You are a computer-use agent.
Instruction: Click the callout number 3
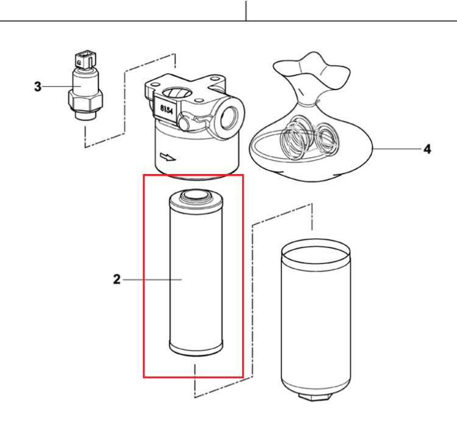click(38, 87)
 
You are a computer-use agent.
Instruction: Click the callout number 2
click(117, 279)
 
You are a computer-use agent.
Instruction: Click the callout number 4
click(427, 149)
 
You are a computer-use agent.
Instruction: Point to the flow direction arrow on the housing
click(168, 157)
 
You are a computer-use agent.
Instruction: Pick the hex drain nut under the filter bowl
click(316, 397)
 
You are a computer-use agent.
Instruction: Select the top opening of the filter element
click(195, 194)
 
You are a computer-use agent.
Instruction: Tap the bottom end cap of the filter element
click(196, 348)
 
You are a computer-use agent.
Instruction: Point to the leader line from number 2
click(152, 279)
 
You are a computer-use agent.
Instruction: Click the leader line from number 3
click(57, 86)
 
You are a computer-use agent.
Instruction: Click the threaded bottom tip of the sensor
click(85, 115)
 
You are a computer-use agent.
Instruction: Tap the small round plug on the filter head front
click(184, 124)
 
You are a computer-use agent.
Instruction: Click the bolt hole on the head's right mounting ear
click(215, 79)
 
